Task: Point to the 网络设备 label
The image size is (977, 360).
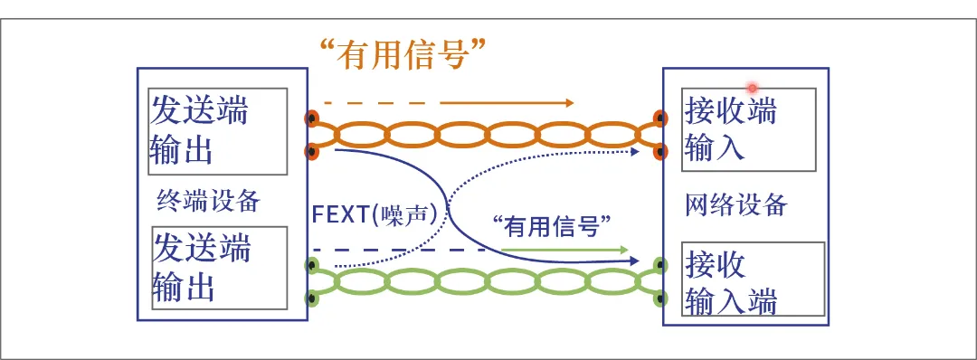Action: tap(735, 205)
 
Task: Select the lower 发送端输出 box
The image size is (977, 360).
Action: tap(218, 267)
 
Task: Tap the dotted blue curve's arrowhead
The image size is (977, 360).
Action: tap(648, 151)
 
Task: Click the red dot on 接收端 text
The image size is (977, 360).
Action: tap(751, 87)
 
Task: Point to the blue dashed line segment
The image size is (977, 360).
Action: tap(398, 249)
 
